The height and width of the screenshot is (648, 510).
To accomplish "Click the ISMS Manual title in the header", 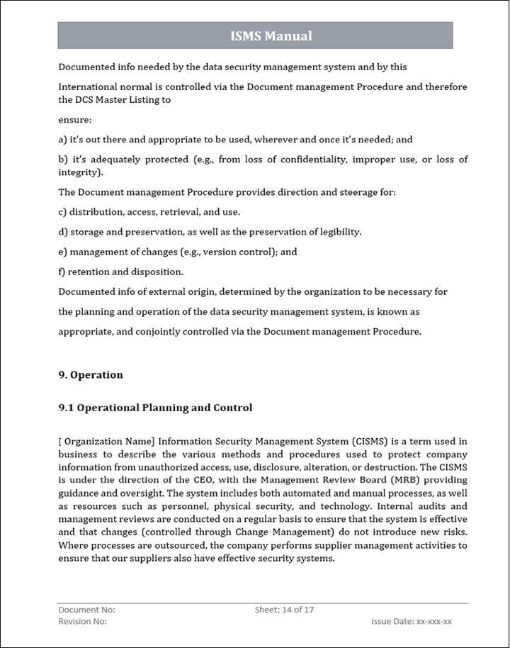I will point(271,36).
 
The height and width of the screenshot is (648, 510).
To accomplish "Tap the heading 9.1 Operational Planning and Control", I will point(155,408).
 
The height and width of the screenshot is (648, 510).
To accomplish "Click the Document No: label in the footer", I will point(86,610).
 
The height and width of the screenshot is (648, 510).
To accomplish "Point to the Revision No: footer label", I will point(82,622).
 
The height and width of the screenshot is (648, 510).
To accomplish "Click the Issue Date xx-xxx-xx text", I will point(412,622).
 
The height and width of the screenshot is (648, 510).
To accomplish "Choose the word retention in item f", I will point(89,272).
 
